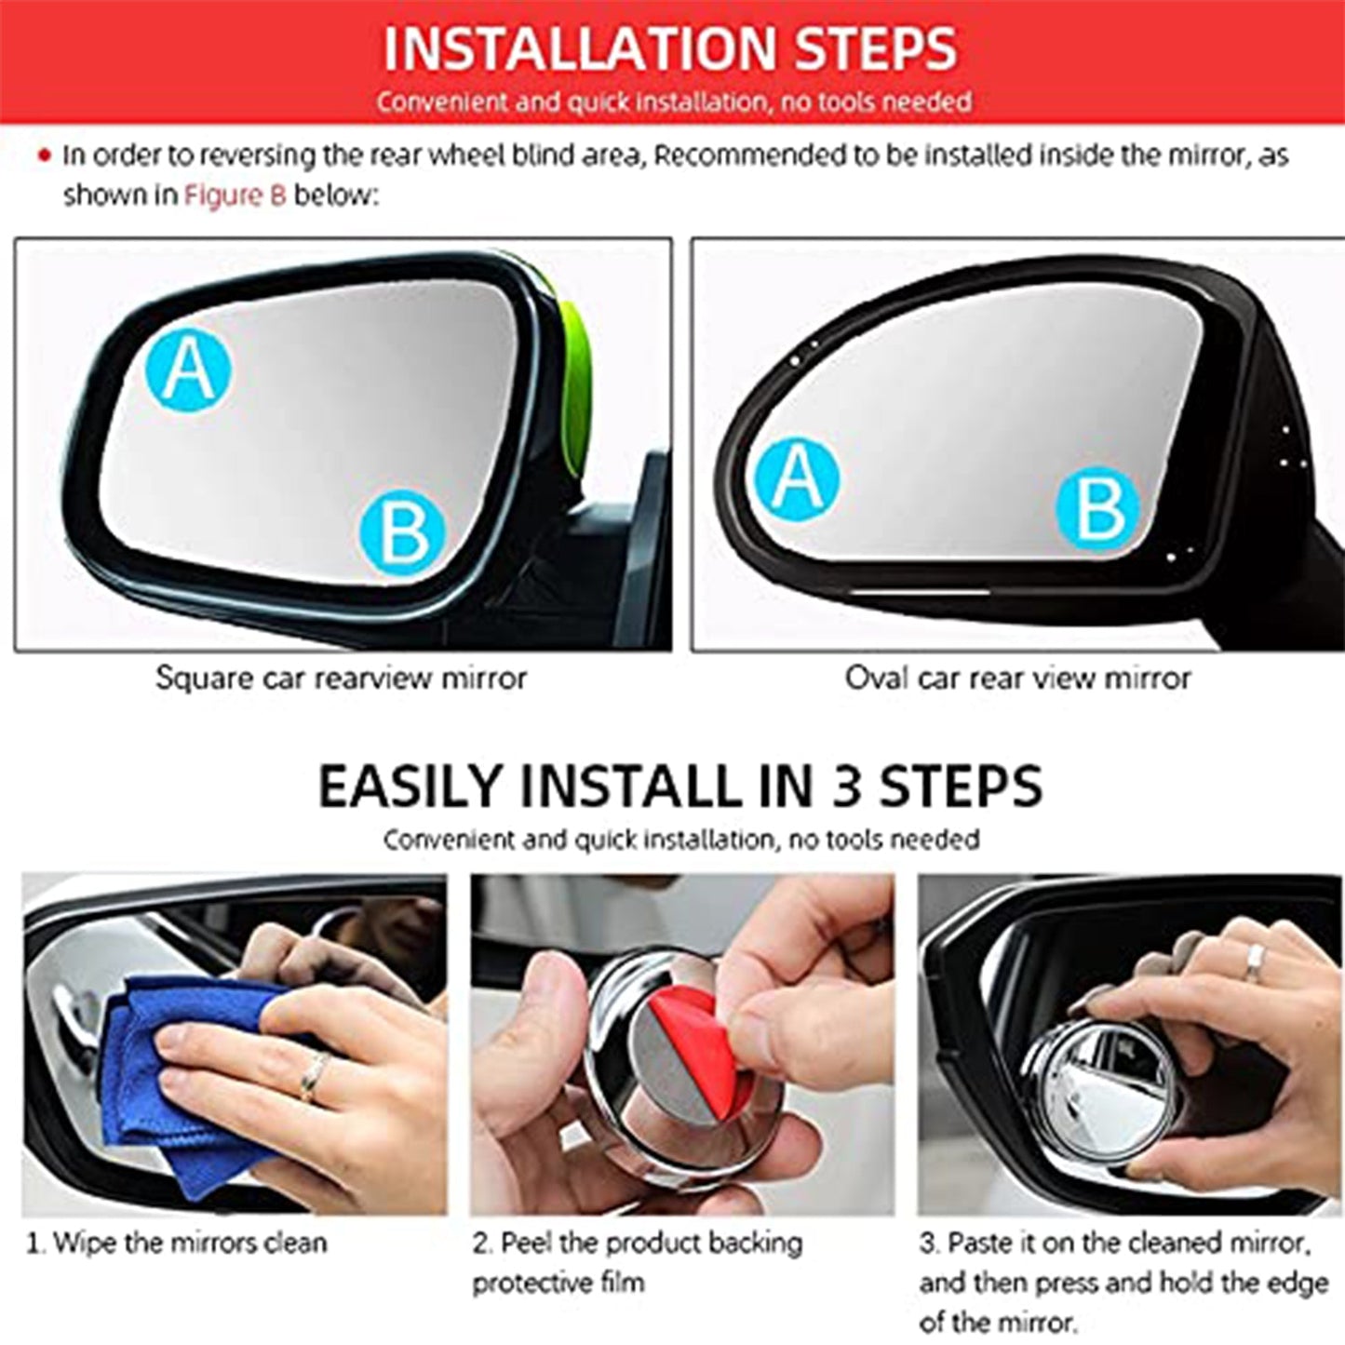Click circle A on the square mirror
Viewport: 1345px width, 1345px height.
(x=189, y=370)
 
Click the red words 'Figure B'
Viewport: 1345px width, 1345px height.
(x=235, y=195)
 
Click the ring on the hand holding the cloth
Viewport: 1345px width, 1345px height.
(x=312, y=1079)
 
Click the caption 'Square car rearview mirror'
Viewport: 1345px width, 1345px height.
(x=341, y=678)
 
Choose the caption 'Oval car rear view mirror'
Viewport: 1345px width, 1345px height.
(x=1017, y=678)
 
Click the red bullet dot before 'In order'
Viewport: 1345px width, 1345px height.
(x=44, y=157)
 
